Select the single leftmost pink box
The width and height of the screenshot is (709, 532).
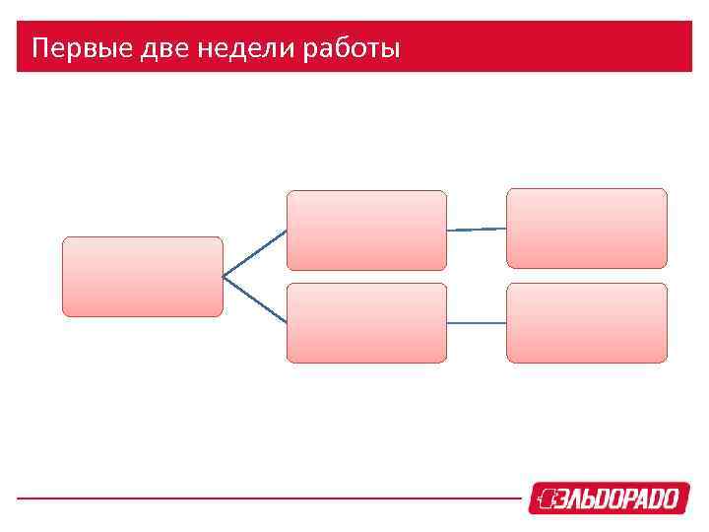pyautogui.click(x=143, y=277)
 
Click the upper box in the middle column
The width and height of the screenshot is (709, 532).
pyautogui.click(x=366, y=231)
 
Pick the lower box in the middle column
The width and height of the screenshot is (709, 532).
pyautogui.click(x=366, y=323)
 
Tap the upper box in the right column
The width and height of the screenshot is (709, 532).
pyautogui.click(x=587, y=229)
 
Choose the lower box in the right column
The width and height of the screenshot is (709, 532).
pyautogui.click(x=587, y=323)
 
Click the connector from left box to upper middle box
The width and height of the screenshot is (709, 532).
pyautogui.click(x=254, y=253)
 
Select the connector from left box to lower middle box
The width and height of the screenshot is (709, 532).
pyautogui.click(x=254, y=299)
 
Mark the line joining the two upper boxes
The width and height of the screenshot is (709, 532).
pyautogui.click(x=477, y=229)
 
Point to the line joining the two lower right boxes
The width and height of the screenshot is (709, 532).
pyautogui.click(x=477, y=323)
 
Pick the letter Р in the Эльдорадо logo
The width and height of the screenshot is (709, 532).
pyautogui.click(x=625, y=499)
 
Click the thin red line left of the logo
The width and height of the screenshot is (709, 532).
pyautogui.click(x=266, y=499)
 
